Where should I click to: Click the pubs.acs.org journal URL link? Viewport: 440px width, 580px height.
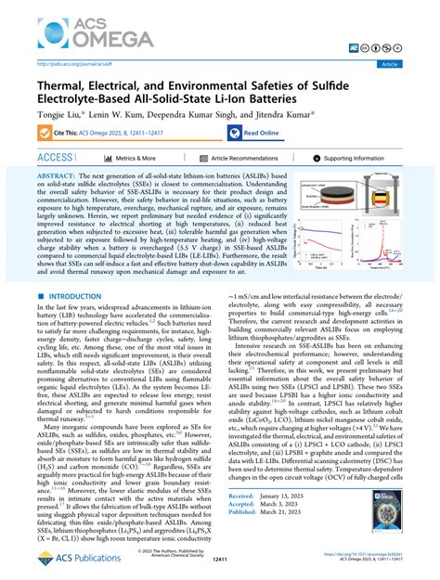69,64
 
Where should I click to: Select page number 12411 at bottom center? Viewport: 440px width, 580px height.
219,560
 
